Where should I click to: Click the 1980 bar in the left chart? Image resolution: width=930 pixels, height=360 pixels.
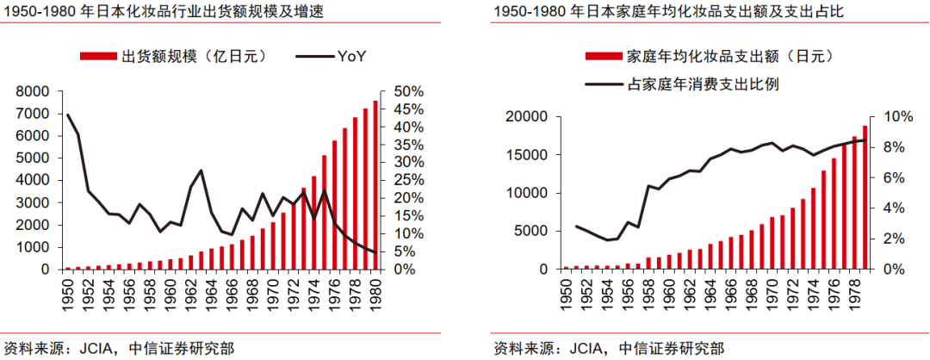[x=375, y=185]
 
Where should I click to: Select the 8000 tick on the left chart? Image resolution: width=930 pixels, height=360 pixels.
[x=36, y=91]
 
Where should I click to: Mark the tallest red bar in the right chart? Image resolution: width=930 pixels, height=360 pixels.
[x=865, y=198]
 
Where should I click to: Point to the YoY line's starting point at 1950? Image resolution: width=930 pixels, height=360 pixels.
[x=67, y=114]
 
